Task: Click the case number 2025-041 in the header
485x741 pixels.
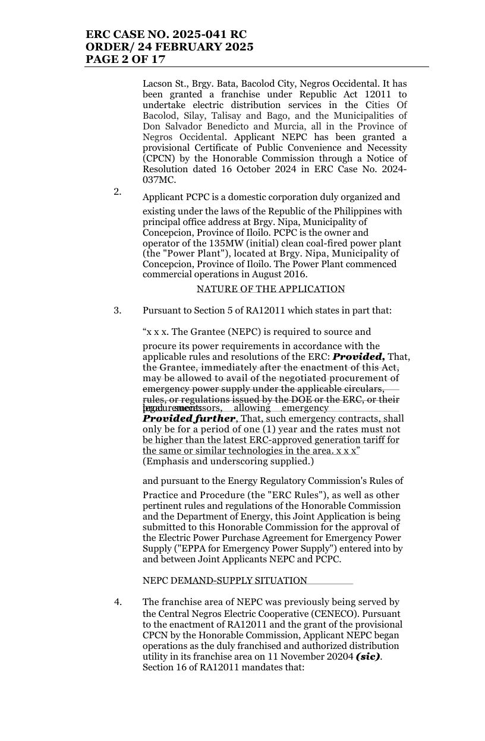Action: tap(201, 34)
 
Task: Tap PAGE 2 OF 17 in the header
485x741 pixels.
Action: tap(125, 59)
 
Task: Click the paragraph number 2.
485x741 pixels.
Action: tap(118, 191)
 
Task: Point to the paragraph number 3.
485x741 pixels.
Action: tap(118, 311)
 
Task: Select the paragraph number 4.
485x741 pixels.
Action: tap(118, 602)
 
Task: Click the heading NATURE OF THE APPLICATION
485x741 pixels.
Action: tap(270, 289)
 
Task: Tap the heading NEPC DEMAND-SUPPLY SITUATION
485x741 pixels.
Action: tap(225, 581)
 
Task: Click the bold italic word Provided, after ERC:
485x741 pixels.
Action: tap(358, 357)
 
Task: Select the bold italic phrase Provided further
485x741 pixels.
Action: tap(189, 419)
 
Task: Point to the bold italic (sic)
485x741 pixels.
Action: tap(368, 657)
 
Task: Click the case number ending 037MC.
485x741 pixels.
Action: tap(159, 180)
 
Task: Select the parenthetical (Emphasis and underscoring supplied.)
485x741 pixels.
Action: tap(228, 461)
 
